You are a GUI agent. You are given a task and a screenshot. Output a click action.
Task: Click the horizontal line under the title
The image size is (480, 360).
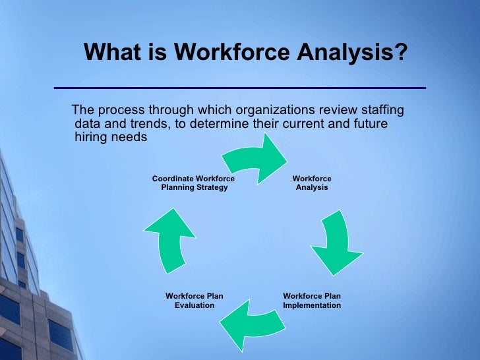pyautogui.click(x=239, y=88)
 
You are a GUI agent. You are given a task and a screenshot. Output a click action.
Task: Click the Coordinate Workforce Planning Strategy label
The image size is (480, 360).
pyautogui.click(x=193, y=183)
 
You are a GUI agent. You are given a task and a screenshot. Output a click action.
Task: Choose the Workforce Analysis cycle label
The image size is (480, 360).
pyautogui.click(x=312, y=183)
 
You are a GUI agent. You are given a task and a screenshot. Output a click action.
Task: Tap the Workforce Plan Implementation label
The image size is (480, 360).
pyautogui.click(x=312, y=301)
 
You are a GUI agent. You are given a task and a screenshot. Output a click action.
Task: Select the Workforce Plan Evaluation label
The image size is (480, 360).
pyautogui.click(x=194, y=301)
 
